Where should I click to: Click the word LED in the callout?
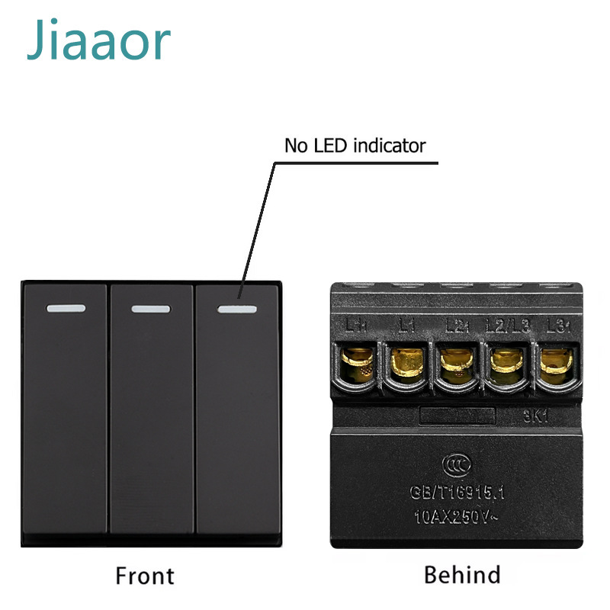(326, 145)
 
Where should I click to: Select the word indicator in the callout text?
(390, 145)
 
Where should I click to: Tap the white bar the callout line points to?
(236, 310)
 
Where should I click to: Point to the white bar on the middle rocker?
(150, 310)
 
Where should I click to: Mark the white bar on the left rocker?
(65, 310)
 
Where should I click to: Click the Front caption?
(144, 575)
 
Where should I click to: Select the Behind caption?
(462, 573)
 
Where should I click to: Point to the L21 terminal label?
(457, 326)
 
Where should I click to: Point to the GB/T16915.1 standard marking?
(456, 493)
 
